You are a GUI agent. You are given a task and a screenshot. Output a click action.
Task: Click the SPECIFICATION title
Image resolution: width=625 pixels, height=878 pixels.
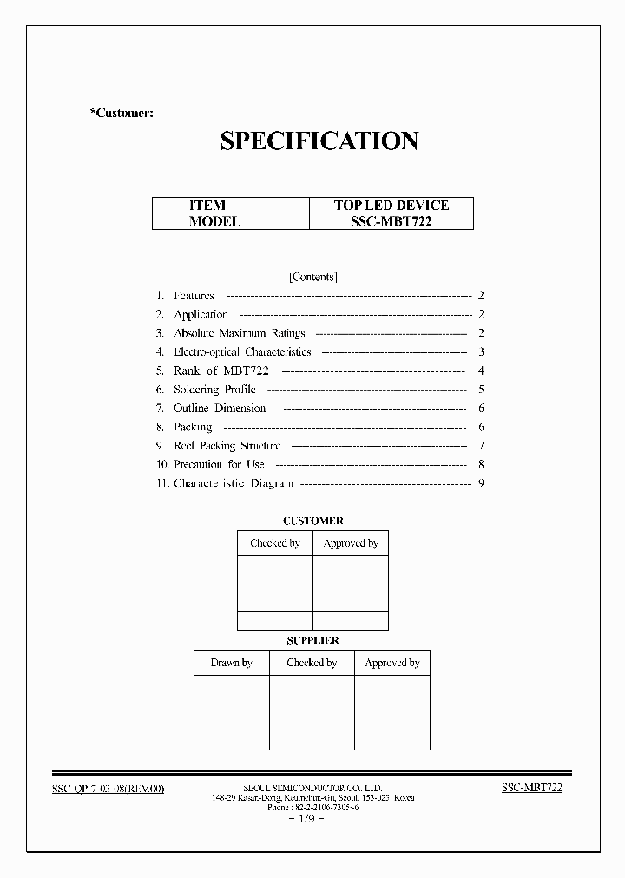point(319,141)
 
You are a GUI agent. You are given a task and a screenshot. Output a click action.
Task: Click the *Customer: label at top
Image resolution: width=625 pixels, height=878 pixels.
point(122,114)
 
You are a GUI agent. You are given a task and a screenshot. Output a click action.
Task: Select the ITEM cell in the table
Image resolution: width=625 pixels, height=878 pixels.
point(207,206)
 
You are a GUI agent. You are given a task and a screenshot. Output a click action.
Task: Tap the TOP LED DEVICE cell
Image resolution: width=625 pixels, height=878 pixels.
point(391,206)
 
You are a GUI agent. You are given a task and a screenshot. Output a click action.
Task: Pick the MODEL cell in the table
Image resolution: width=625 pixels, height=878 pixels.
point(214,221)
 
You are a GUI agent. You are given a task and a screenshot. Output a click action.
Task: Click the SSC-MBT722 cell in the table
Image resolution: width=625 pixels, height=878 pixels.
point(391,221)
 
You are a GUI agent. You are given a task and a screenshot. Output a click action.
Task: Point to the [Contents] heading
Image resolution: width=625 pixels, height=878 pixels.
point(312,277)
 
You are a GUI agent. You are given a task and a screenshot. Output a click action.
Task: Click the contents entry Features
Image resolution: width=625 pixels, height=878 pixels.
point(194,296)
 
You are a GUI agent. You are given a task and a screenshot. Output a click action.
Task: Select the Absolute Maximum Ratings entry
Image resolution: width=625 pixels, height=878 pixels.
point(239,333)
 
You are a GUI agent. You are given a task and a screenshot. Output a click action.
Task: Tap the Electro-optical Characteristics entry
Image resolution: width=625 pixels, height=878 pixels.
point(242,352)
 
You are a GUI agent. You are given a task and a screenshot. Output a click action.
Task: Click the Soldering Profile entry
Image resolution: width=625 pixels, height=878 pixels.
point(214,390)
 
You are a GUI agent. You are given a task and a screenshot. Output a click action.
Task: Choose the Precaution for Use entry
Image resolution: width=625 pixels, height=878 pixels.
point(219,464)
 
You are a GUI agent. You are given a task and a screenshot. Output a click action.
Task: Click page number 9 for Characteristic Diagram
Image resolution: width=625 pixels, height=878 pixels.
point(480,483)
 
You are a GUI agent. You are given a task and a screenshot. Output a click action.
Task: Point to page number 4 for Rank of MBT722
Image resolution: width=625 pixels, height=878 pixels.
point(480,370)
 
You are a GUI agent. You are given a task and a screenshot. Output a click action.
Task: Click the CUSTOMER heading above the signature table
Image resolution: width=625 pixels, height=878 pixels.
point(312,521)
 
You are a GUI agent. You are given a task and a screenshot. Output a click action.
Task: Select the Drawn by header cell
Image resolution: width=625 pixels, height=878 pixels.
point(231,663)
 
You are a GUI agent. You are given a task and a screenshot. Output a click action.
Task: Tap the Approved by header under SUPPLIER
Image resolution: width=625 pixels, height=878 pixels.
point(391,663)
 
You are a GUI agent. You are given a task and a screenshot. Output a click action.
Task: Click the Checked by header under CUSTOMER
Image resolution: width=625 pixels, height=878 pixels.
point(274,543)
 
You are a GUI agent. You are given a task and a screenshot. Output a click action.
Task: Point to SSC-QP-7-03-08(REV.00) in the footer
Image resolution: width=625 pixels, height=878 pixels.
point(109,788)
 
